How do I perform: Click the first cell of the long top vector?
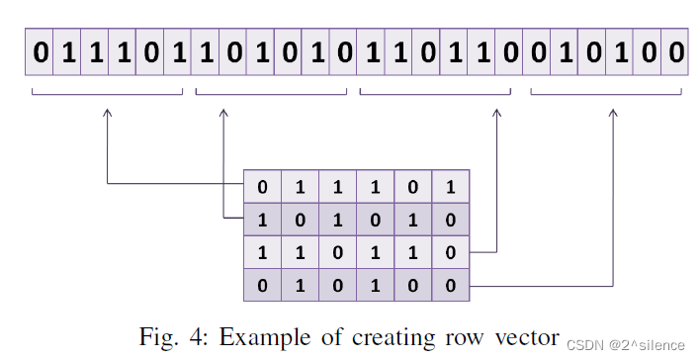click(40, 51)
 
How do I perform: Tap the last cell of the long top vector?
click(674, 51)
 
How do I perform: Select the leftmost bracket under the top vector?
click(108, 93)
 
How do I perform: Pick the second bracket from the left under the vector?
click(272, 93)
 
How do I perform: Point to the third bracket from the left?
click(435, 93)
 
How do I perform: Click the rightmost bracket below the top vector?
click(606, 93)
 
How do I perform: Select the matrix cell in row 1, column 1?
click(263, 187)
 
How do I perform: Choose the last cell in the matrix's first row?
click(451, 187)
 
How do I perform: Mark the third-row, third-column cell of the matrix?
click(338, 253)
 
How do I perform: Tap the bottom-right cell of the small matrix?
click(451, 286)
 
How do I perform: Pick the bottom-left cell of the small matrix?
click(263, 286)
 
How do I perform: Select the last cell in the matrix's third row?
click(451, 253)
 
